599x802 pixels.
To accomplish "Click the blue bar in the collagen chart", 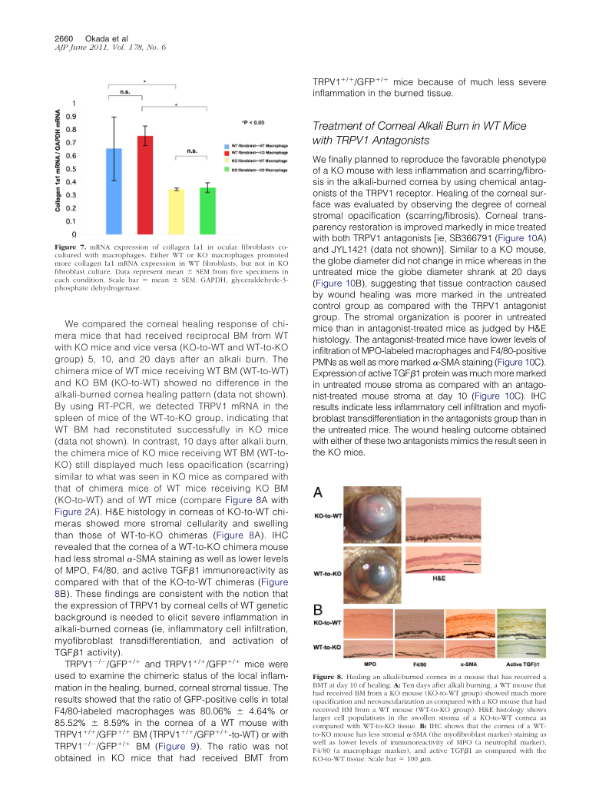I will point(114,191).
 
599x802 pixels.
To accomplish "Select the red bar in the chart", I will point(145,185).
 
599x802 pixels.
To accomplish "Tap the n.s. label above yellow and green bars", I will point(192,151).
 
